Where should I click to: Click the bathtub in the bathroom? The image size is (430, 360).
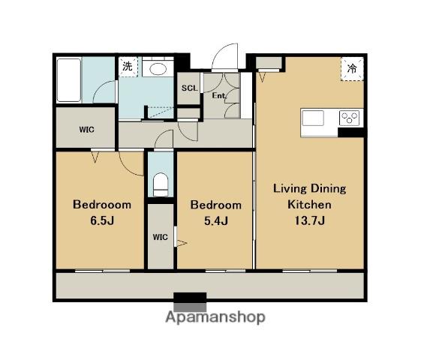click(x=69, y=80)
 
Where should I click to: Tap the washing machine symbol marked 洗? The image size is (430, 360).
click(x=128, y=67)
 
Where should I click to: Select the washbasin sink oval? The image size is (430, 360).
click(x=158, y=69)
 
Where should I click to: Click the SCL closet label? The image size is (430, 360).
click(x=189, y=88)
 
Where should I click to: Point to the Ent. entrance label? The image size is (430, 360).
click(x=219, y=95)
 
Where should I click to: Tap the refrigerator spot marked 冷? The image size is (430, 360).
click(x=352, y=69)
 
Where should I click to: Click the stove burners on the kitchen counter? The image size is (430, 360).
click(x=349, y=118)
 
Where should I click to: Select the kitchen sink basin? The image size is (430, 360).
click(x=313, y=118)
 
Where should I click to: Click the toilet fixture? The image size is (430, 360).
click(x=161, y=184)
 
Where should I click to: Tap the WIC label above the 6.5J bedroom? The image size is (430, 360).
click(x=86, y=129)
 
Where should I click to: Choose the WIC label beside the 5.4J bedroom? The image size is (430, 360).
click(x=160, y=237)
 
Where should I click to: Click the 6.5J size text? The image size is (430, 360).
click(x=102, y=220)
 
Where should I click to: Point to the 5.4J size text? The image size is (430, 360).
click(x=216, y=220)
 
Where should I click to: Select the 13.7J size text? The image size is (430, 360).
click(x=310, y=220)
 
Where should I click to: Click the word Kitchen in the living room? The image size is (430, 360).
click(x=309, y=205)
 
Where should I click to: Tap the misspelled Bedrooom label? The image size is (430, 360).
click(x=102, y=205)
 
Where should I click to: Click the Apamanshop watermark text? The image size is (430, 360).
click(x=215, y=318)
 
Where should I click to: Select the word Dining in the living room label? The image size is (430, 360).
click(x=328, y=189)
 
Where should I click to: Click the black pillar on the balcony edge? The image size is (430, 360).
click(x=190, y=297)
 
